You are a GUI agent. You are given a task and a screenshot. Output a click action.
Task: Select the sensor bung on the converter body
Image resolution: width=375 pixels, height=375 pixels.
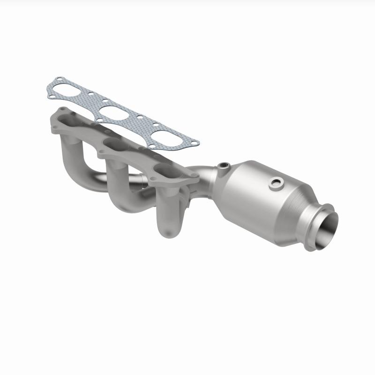(277, 184)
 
